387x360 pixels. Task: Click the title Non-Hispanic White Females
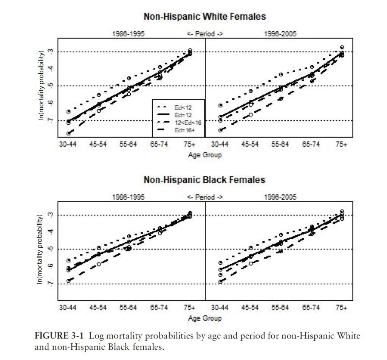pos(204,17)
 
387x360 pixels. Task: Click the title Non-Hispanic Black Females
pos(204,180)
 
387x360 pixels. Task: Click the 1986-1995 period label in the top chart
pos(128,34)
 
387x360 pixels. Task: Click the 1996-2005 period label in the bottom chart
pos(280,197)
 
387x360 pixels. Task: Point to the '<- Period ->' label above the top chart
pos(205,34)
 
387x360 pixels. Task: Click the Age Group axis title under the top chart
pos(205,155)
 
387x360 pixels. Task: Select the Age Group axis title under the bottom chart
pos(205,318)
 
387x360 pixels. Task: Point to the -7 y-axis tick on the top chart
pos(51,121)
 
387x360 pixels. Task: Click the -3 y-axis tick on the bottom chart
pos(51,215)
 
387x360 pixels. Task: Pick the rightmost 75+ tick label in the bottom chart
pos(341,308)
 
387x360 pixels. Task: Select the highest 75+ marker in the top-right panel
pos(342,47)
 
